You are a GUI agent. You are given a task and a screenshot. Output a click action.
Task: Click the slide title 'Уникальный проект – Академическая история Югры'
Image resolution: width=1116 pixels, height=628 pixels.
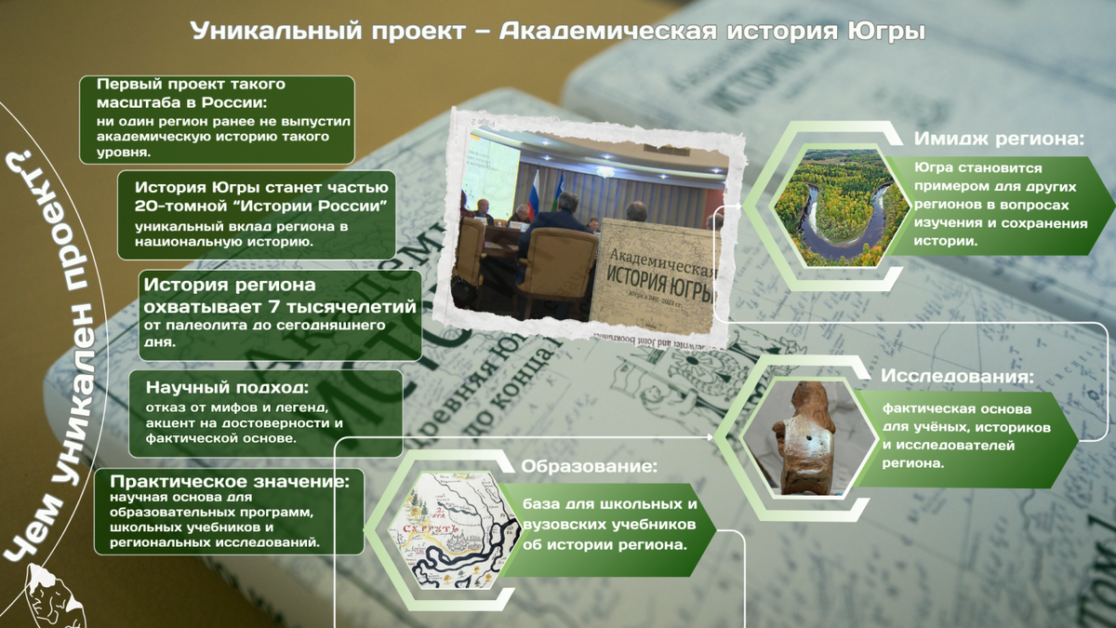(558, 32)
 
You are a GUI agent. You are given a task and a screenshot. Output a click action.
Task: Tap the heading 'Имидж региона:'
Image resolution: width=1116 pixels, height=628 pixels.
(1000, 140)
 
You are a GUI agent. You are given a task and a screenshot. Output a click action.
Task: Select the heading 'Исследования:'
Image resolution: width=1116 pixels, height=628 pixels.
(958, 378)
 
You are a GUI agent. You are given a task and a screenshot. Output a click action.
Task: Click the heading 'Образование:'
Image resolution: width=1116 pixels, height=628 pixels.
(589, 466)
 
